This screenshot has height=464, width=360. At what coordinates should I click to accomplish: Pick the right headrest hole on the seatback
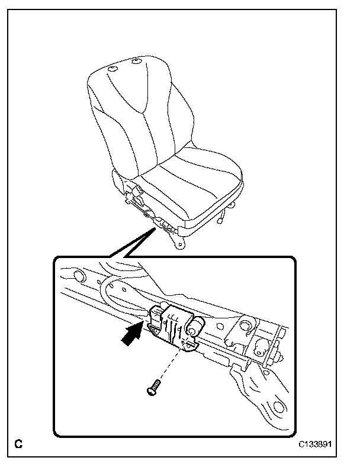[137, 61]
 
